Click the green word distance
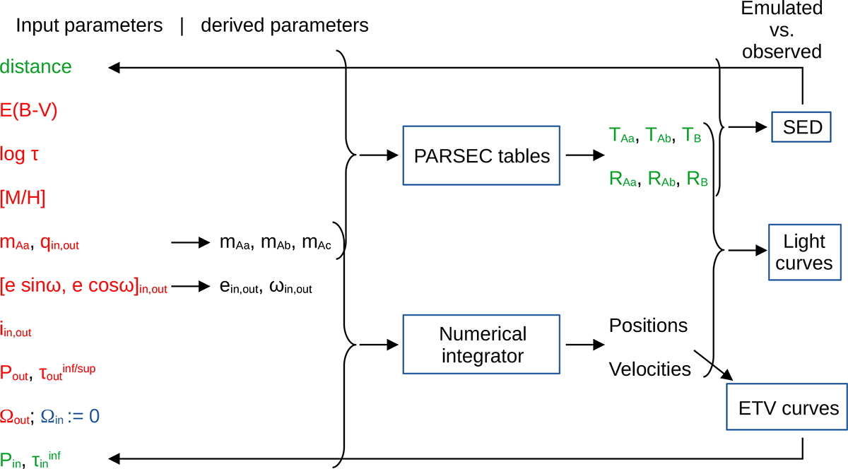(x=36, y=67)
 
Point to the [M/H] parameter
(x=23, y=198)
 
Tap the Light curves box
(x=805, y=252)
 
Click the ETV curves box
(x=786, y=408)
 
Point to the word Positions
(x=648, y=326)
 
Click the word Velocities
(x=650, y=369)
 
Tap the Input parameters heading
(x=89, y=26)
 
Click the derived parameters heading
(x=285, y=26)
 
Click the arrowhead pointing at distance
(x=114, y=68)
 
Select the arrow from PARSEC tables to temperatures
(x=582, y=155)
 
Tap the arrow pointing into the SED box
(x=750, y=127)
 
